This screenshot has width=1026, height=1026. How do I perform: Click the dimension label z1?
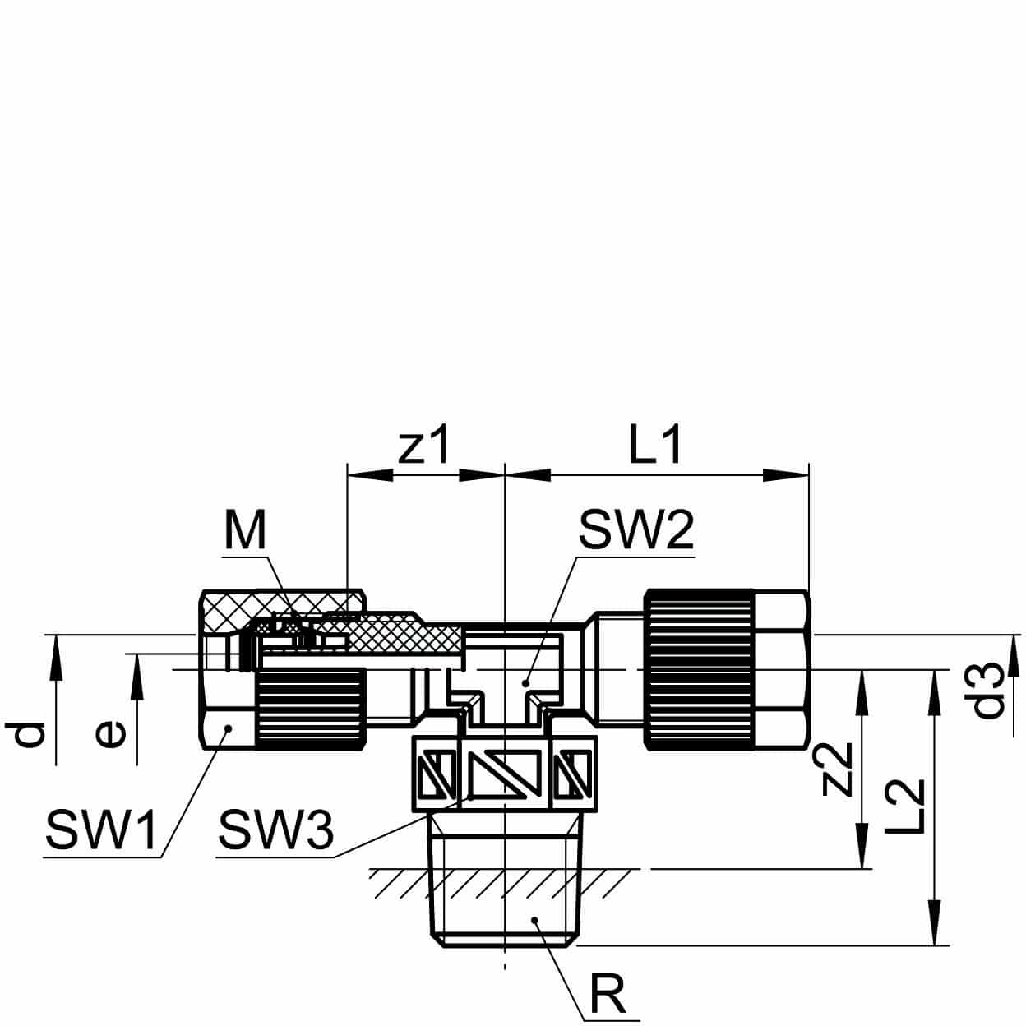pos(424,447)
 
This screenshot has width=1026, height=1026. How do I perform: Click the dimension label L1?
pos(654,447)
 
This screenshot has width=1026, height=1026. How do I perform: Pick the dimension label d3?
pos(989,691)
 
